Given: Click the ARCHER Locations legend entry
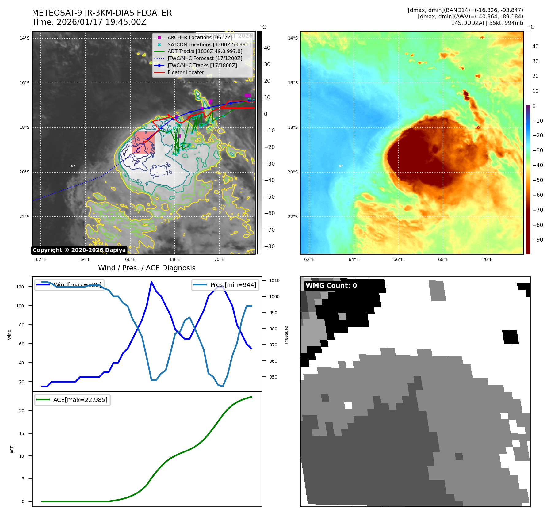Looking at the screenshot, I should tap(200, 37).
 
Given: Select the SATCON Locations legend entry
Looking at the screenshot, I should tap(209, 44).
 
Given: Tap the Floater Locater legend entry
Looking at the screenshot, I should tap(186, 73).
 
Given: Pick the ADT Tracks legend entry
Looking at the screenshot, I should tap(205, 51).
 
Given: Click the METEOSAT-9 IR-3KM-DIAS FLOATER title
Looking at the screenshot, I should tap(102, 13).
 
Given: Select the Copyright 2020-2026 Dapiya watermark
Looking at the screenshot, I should tap(79, 250).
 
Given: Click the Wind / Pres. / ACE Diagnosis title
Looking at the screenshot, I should tap(147, 268).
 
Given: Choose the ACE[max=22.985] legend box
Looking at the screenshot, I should tap(73, 400).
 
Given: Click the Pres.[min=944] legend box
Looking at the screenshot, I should tap(225, 285).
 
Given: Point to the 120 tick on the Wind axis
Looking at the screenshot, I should tap(20, 287).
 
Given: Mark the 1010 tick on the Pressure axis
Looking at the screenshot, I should tap(274, 280).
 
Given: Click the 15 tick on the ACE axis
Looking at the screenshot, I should tap(21, 433).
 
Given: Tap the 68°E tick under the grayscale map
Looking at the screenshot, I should tap(175, 259).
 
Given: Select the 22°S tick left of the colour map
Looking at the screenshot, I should tap(293, 217).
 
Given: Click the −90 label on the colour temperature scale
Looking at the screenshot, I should tap(538, 240).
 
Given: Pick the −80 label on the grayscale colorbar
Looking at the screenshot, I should tap(270, 246).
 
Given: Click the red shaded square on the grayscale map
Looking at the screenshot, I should tap(143, 143).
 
